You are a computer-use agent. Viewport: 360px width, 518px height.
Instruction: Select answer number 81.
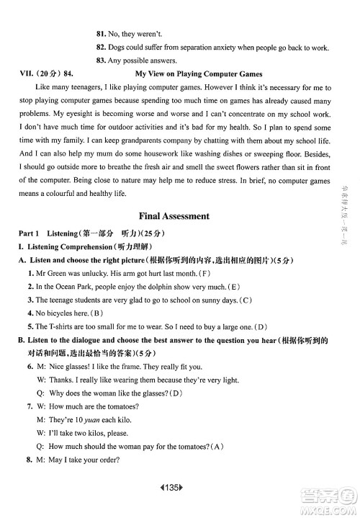[101, 34]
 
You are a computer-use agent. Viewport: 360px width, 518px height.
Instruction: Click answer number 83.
[101, 61]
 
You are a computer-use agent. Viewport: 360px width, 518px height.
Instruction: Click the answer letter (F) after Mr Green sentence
[204, 274]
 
